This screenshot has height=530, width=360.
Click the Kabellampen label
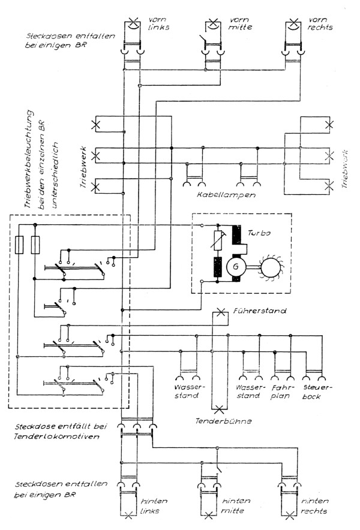(x=226, y=195)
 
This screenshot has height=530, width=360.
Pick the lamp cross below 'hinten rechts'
(x=290, y=514)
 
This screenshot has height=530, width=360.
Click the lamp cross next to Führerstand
(x=221, y=312)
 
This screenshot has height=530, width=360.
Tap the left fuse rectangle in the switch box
(x=19, y=245)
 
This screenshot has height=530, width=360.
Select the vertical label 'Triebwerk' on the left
(x=85, y=168)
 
